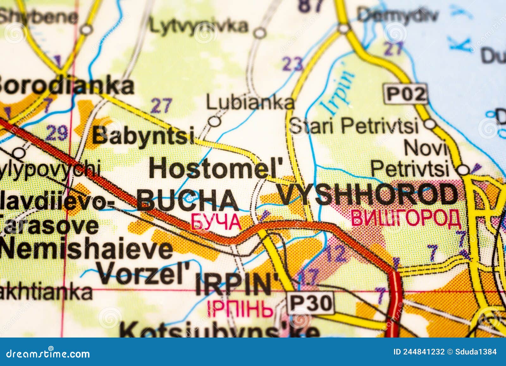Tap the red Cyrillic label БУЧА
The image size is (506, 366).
click(216, 222)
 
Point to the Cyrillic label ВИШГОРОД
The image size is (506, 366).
click(406, 218)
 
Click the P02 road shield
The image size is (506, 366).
click(406, 94)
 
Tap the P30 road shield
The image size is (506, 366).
click(311, 303)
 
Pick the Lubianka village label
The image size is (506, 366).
click(250, 103)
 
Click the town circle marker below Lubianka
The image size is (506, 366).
click(215, 121)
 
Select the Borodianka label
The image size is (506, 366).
click(65, 86)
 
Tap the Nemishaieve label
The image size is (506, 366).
click(86, 249)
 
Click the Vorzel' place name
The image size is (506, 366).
click(143, 273)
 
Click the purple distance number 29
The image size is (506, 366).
click(57, 133)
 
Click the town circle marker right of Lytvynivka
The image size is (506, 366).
click(260, 33)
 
